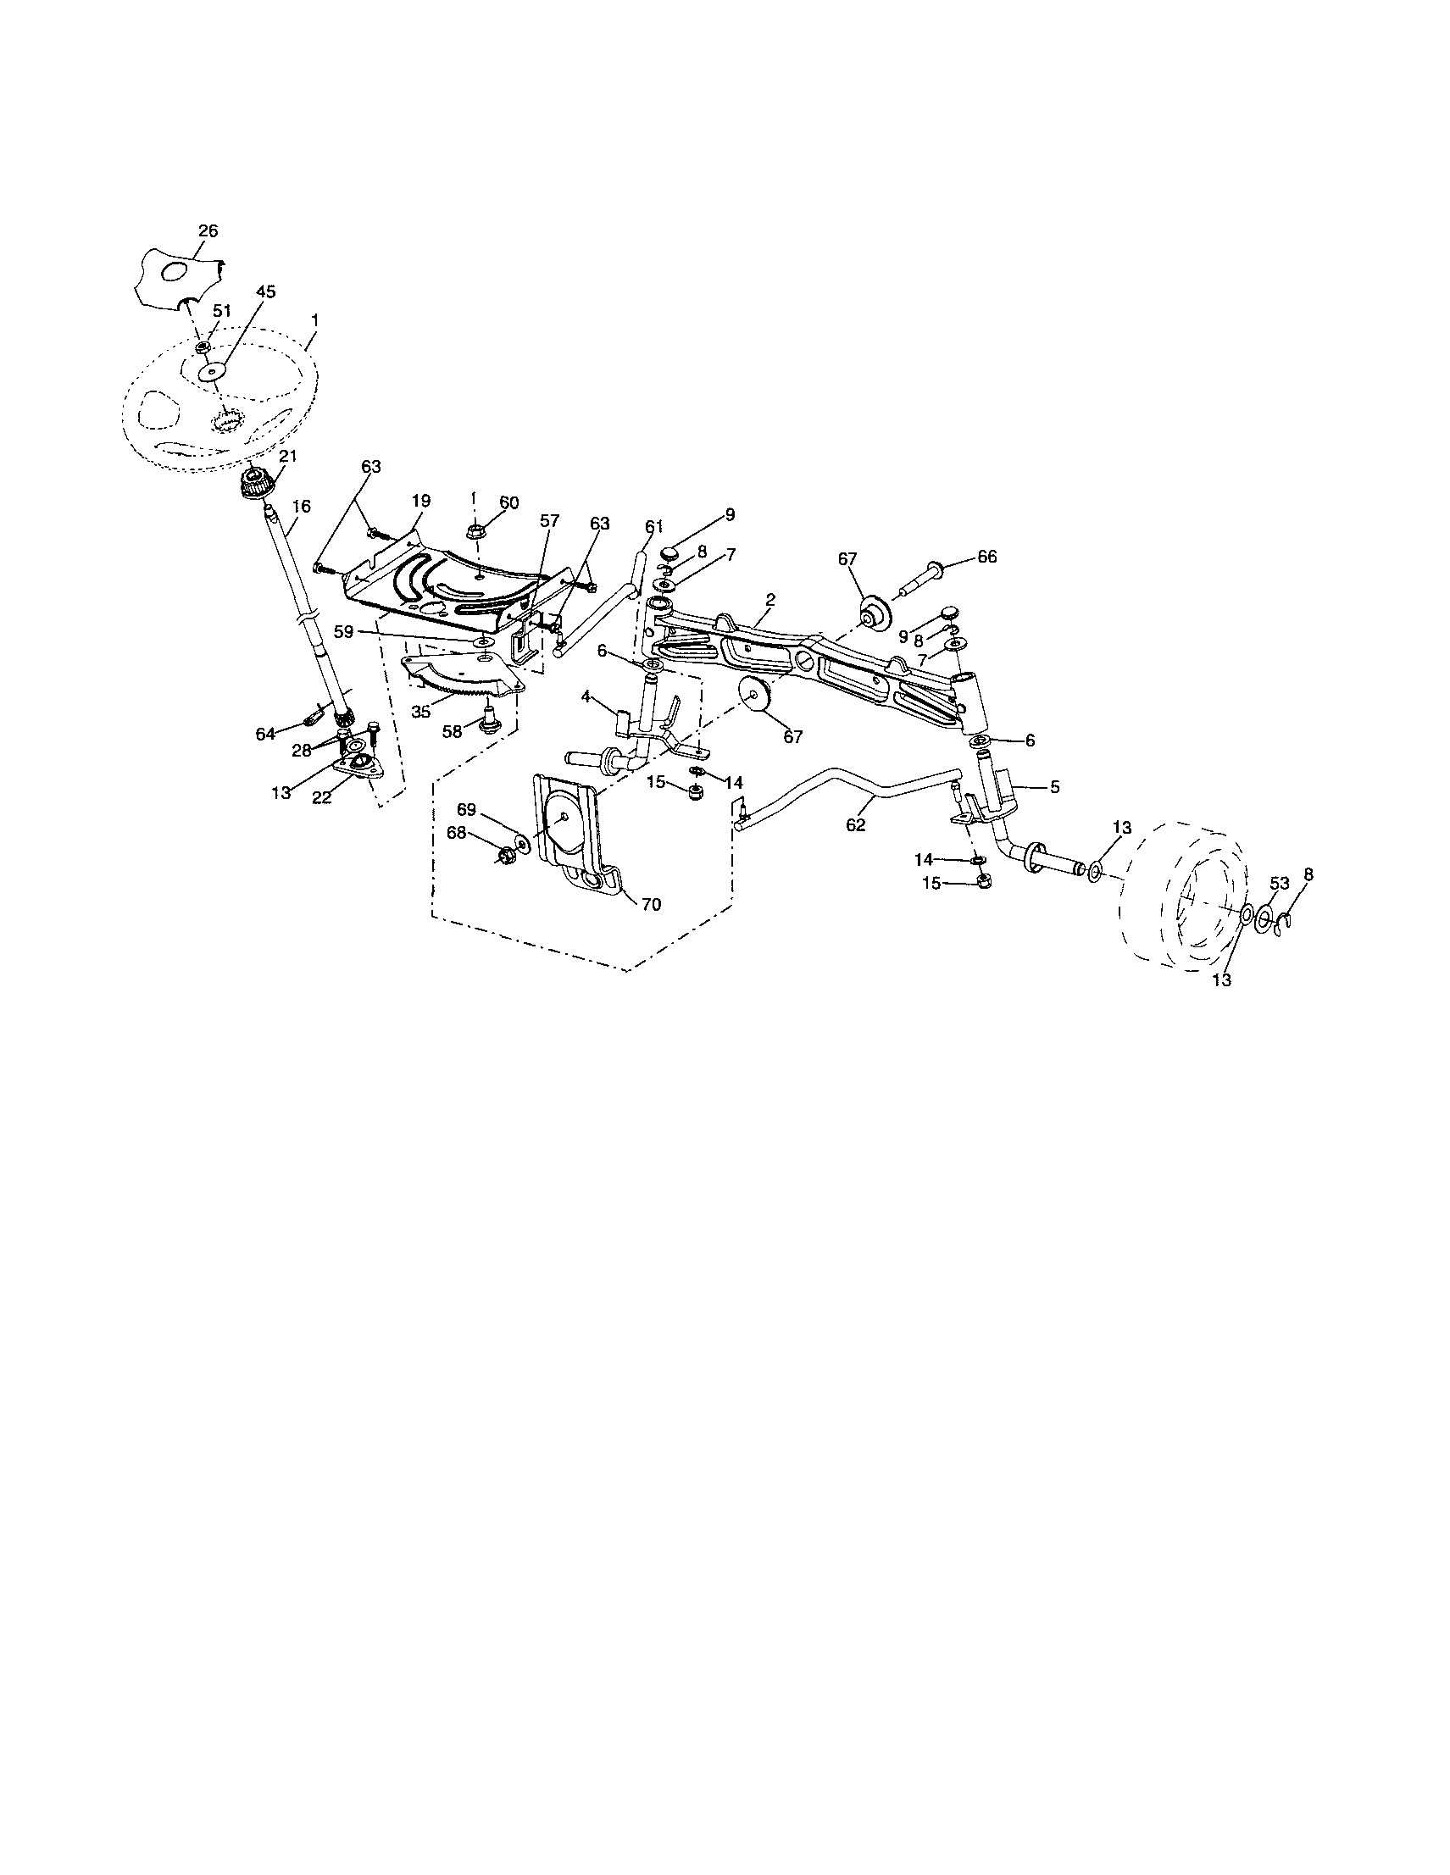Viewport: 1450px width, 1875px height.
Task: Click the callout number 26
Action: tap(208, 231)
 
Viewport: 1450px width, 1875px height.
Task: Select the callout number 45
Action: tap(265, 292)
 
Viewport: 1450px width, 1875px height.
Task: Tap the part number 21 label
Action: tap(287, 457)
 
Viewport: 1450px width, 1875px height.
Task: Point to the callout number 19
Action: tap(420, 501)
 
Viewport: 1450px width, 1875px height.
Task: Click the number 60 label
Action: tap(509, 502)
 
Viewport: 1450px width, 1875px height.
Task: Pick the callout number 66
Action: tap(986, 557)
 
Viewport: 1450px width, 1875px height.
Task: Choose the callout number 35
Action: tap(420, 713)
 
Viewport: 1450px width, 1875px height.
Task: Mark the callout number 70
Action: tap(652, 904)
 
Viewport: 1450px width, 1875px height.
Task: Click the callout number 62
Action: tap(856, 825)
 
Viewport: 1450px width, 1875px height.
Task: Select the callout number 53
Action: tap(1279, 884)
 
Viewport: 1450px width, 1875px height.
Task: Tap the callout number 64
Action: tap(266, 734)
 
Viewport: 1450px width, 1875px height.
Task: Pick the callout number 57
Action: tap(549, 520)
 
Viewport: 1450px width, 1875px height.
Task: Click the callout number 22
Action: tap(322, 797)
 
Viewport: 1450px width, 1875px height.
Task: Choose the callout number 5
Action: tap(1055, 785)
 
